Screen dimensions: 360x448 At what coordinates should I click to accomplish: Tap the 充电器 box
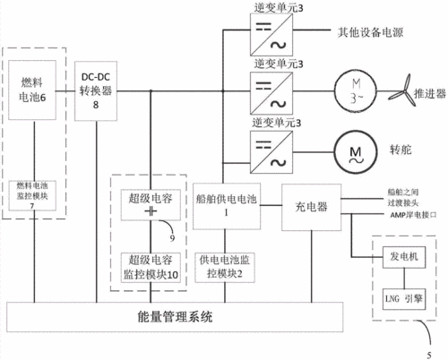[x=309, y=205]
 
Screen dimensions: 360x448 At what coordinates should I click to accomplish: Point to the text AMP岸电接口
[x=386, y=216]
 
